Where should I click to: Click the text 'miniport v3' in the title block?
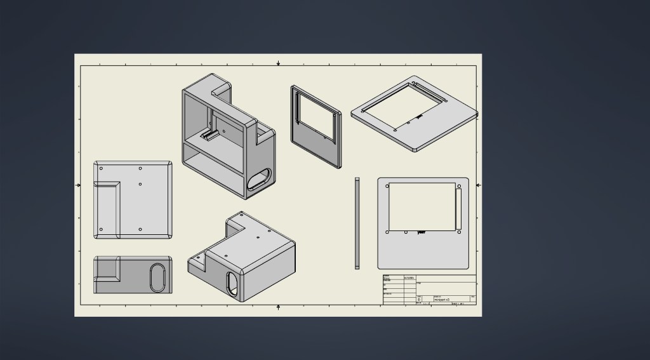click(442, 299)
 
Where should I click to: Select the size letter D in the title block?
click(419, 299)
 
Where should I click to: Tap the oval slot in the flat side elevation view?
click(158, 278)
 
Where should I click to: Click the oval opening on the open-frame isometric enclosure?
click(260, 180)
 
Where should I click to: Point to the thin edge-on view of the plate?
click(357, 223)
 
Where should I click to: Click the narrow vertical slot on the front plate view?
click(458, 209)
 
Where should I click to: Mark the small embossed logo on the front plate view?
click(421, 232)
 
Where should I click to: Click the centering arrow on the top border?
click(279, 63)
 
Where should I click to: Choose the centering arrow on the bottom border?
click(279, 307)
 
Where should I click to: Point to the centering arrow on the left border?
click(79, 185)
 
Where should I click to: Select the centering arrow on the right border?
click(478, 185)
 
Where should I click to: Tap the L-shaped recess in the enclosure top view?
click(107, 210)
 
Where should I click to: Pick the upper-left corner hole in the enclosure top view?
click(101, 169)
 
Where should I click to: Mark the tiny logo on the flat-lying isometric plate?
click(419, 116)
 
